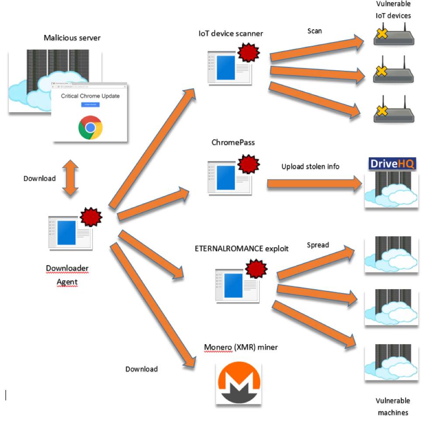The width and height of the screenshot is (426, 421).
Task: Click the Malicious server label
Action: pyautogui.click(x=72, y=38)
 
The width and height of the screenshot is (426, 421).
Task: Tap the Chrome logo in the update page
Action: pyautogui.click(x=90, y=127)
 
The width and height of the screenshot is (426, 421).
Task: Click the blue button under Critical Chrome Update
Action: pyautogui.click(x=90, y=105)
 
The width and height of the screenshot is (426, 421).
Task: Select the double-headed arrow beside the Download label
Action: pyautogui.click(x=70, y=178)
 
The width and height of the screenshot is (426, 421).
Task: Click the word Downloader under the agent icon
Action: pyautogui.click(x=67, y=268)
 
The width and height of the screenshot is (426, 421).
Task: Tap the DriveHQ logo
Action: pyautogui.click(x=386, y=163)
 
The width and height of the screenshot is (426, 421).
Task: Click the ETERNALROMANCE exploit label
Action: pyautogui.click(x=242, y=249)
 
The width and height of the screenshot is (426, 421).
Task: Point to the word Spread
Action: pyautogui.click(x=318, y=245)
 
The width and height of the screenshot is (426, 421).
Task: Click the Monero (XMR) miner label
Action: pyautogui.click(x=241, y=348)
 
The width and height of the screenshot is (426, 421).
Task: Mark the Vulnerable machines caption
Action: pyautogui.click(x=393, y=406)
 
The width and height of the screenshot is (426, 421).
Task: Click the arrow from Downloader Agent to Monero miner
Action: pyautogui.click(x=153, y=306)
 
